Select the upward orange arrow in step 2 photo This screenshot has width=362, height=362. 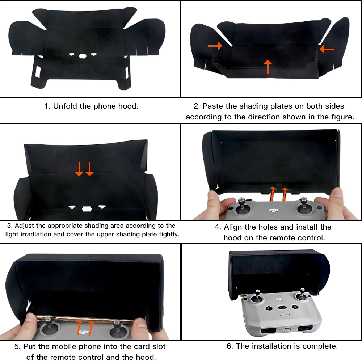(268, 67)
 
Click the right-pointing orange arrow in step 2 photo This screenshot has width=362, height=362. (215, 46)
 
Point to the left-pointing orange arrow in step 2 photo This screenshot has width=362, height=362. (327, 49)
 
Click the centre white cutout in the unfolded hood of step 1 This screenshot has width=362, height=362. (82, 56)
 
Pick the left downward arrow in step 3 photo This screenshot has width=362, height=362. (79, 169)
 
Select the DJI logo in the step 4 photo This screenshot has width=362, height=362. (273, 210)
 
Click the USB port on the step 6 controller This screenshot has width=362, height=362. (286, 329)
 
